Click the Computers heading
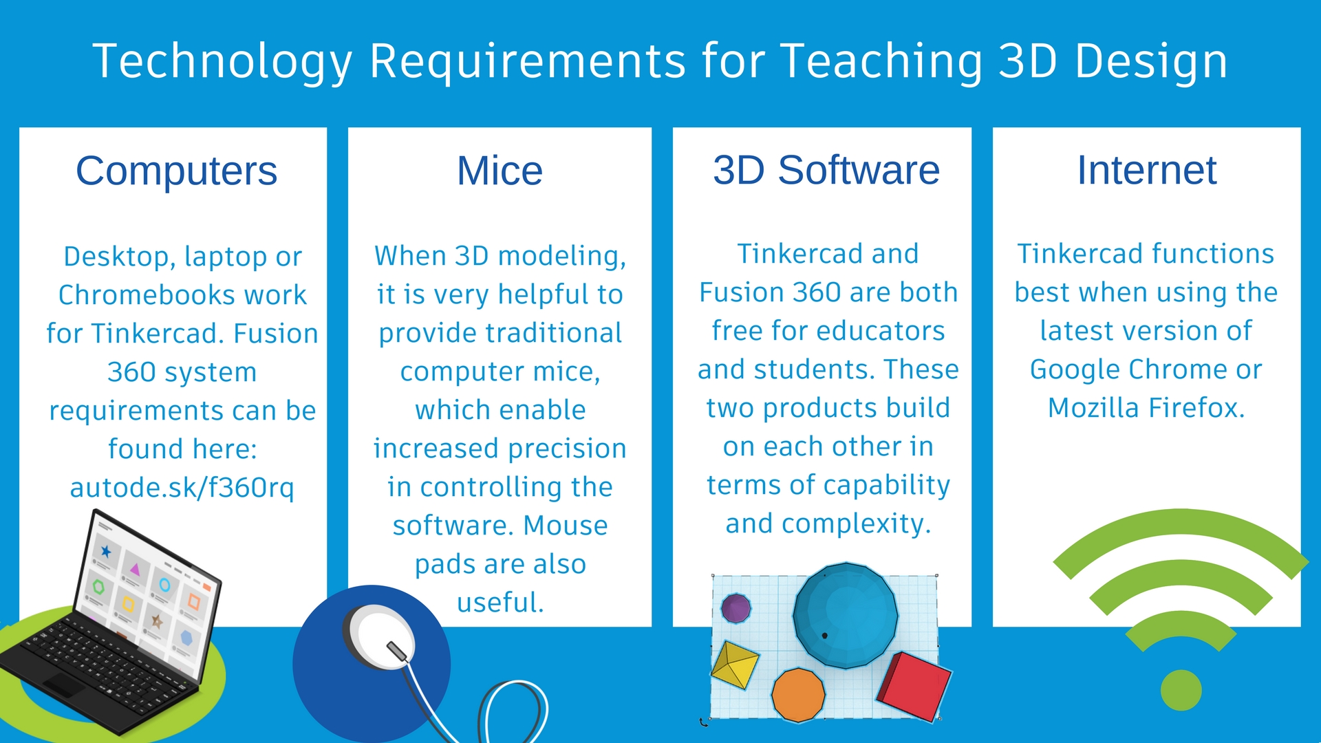coord(176,171)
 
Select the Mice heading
coord(500,171)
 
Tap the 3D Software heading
coord(826,170)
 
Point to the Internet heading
coord(1147,170)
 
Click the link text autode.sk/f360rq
coord(182,487)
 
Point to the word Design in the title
coord(1151,62)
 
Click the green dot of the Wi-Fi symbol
coord(1181,690)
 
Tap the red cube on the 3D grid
coord(914,687)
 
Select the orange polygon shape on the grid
coord(798,695)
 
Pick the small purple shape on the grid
coord(735,608)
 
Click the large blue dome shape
coord(846,615)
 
